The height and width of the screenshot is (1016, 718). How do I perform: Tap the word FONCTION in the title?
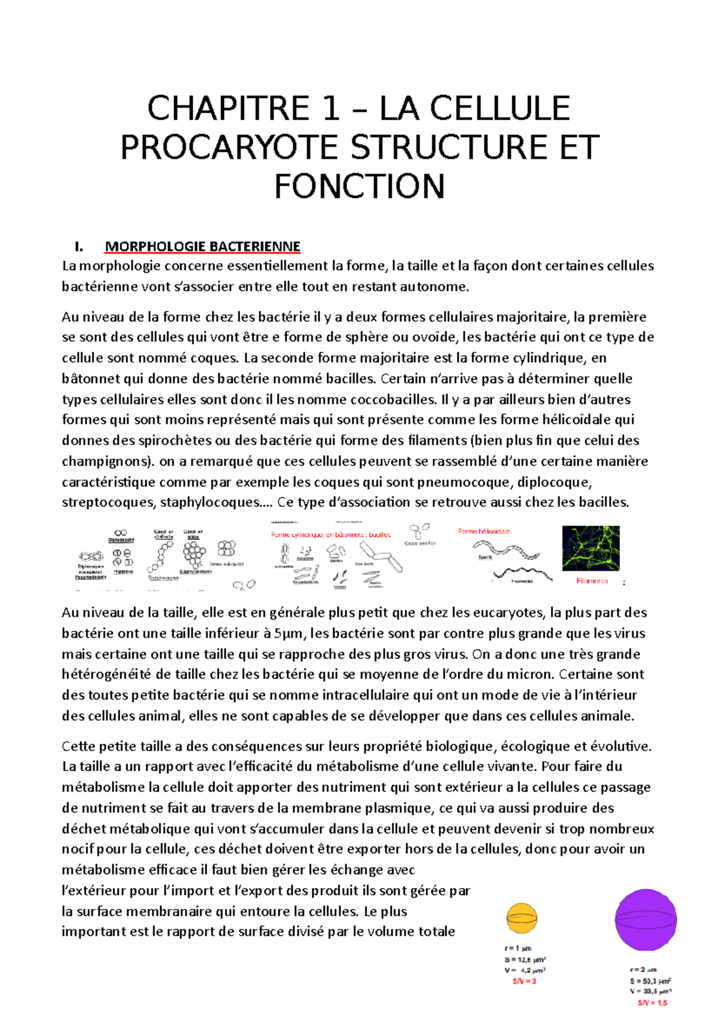[359, 186]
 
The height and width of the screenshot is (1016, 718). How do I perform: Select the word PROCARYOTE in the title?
[229, 148]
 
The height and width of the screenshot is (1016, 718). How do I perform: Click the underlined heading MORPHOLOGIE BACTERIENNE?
[202, 247]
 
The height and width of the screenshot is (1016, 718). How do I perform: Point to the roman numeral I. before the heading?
[78, 247]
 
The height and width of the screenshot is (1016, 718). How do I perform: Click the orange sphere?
[522, 918]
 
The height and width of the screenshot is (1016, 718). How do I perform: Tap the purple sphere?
[646, 920]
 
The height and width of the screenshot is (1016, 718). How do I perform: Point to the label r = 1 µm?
[518, 948]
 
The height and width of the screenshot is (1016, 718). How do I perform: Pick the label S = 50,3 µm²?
[650, 981]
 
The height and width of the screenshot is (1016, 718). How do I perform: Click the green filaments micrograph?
[591, 548]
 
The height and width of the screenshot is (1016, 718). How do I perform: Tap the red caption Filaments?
[592, 581]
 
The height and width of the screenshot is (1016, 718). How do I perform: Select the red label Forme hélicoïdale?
[483, 531]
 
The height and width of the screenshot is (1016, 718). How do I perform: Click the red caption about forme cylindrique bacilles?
[331, 534]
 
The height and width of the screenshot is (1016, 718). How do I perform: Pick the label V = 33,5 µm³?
[650, 991]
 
